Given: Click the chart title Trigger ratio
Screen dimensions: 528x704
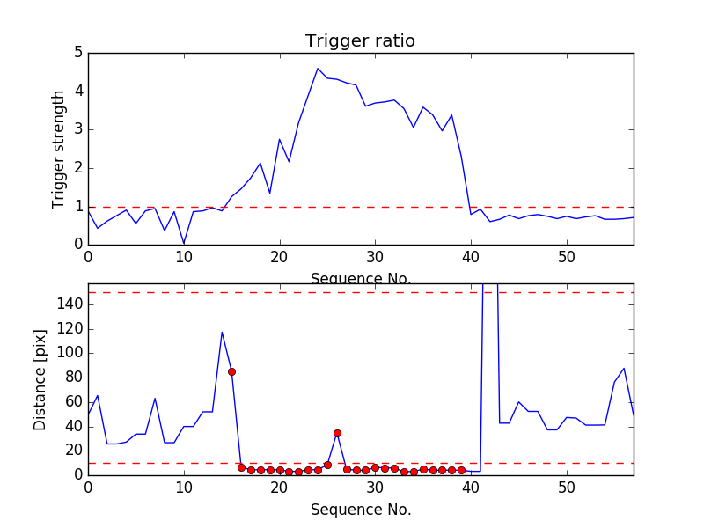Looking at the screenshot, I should (360, 41).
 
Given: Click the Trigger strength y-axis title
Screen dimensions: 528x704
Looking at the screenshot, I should (59, 149).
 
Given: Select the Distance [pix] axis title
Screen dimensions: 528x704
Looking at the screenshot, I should (40, 379).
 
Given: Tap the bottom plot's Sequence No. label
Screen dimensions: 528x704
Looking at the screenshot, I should (361, 510).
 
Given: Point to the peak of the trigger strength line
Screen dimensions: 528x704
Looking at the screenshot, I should (318, 68).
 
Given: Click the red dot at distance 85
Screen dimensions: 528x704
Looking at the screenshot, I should (231, 371).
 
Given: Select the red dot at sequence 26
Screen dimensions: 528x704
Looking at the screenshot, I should (337, 433).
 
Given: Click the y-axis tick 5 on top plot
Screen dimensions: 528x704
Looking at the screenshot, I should (77, 53).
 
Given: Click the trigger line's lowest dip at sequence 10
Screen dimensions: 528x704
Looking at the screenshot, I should (184, 244).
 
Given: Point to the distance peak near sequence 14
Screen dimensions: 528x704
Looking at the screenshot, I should (222, 332).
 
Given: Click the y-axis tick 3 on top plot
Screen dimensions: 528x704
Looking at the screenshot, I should (77, 129).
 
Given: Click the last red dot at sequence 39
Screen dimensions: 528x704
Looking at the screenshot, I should (461, 470).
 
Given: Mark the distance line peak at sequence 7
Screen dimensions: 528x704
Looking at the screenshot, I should (155, 398).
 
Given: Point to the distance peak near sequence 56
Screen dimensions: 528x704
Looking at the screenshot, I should (624, 368).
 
